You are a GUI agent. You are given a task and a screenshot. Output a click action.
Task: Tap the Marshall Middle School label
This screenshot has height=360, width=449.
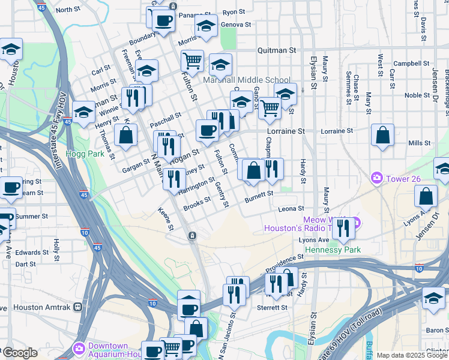(x=247, y=80)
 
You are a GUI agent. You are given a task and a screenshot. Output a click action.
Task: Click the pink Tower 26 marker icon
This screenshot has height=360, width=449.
(x=377, y=177)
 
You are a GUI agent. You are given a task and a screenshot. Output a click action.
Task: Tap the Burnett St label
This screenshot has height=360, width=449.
(x=259, y=194)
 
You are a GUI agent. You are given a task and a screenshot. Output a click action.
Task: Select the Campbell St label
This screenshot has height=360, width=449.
(x=411, y=64)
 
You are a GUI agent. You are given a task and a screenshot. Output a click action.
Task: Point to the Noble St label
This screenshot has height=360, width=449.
(x=413, y=95)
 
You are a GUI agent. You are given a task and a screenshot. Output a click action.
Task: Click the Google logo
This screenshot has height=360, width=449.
(x=19, y=353)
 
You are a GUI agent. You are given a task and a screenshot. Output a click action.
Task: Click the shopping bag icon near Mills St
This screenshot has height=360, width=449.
(x=382, y=136)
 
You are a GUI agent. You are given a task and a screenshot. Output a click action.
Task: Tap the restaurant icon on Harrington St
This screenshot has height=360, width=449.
(x=175, y=179)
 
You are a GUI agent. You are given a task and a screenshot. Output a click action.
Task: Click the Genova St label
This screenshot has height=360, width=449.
(x=235, y=25)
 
